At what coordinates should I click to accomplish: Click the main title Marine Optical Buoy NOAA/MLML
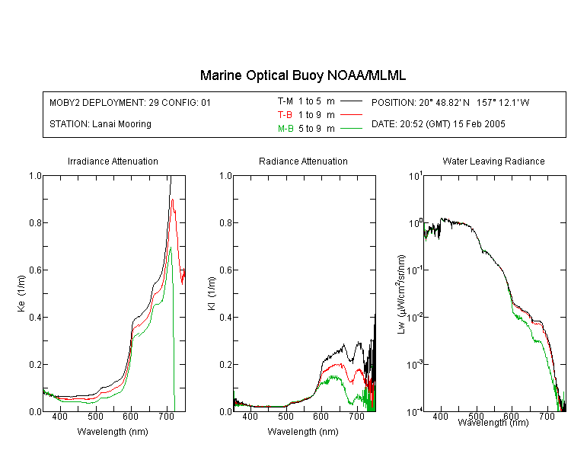(x=302, y=75)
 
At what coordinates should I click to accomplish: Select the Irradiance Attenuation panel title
(x=113, y=161)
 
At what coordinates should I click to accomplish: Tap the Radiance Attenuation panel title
(x=303, y=161)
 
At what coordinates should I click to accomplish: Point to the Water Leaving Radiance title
(x=493, y=161)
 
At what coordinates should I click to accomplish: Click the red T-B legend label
(x=285, y=115)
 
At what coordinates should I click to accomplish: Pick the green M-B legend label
(x=285, y=128)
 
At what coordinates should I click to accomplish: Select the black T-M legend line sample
(x=351, y=101)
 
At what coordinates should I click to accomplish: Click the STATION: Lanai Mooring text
(x=100, y=124)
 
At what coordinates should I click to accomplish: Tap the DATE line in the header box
(x=438, y=124)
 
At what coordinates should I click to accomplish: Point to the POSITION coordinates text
(x=450, y=102)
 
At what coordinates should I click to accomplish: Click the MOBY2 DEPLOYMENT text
(x=130, y=102)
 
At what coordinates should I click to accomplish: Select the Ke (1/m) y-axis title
(x=21, y=293)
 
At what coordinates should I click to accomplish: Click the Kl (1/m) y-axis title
(x=212, y=293)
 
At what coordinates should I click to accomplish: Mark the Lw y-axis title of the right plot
(x=401, y=294)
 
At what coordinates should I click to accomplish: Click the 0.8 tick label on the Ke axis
(x=35, y=222)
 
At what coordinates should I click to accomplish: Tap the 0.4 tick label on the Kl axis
(x=225, y=317)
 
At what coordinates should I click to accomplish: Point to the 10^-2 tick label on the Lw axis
(x=415, y=317)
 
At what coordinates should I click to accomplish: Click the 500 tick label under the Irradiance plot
(x=95, y=417)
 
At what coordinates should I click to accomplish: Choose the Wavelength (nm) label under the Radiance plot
(x=303, y=432)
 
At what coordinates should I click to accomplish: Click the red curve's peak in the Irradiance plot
(x=172, y=200)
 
